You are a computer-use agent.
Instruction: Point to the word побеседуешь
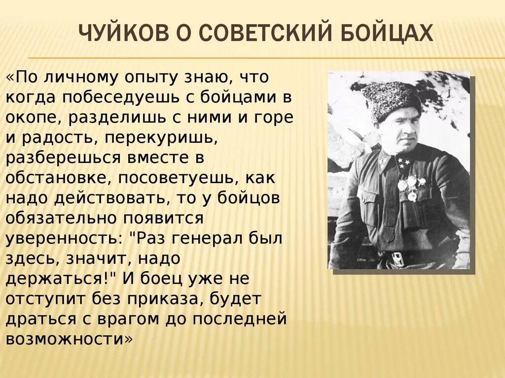point(124,97)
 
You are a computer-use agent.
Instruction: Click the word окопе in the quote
point(34,118)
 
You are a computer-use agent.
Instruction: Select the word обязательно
point(64,218)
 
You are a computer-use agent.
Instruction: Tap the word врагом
point(136,319)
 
